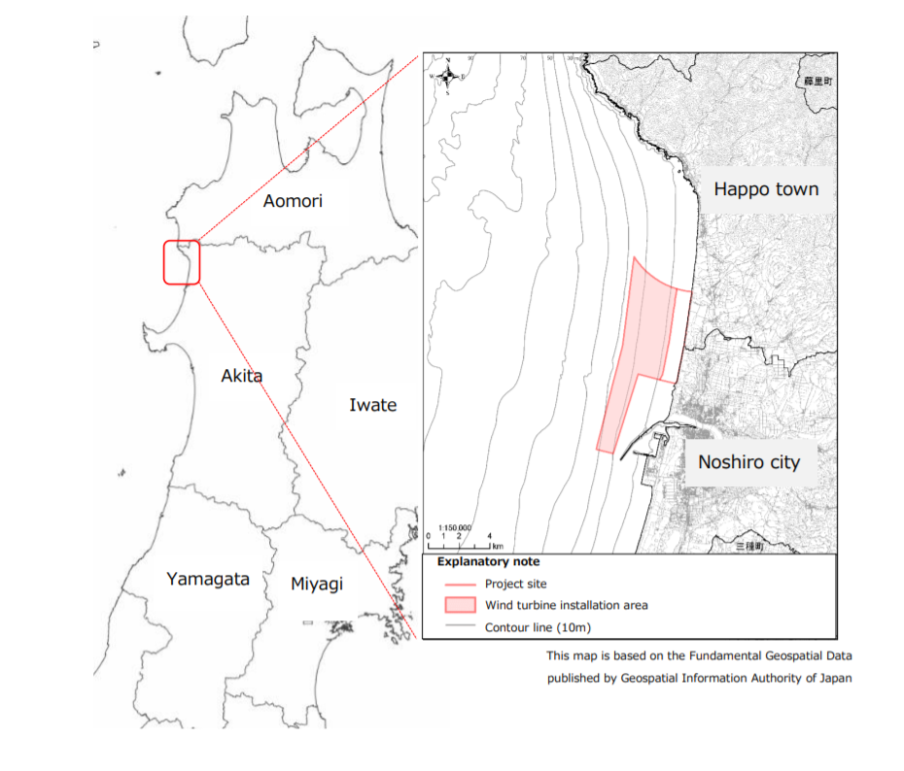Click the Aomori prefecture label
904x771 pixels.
click(293, 201)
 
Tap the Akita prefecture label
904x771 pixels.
click(241, 375)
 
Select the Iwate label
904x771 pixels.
click(372, 405)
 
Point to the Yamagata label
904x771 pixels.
click(207, 579)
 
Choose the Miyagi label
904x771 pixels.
click(317, 585)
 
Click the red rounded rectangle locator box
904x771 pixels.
click(182, 262)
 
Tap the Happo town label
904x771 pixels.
click(766, 189)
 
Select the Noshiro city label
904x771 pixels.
click(748, 461)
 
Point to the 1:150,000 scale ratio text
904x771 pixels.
click(455, 527)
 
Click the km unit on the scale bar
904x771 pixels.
click(498, 547)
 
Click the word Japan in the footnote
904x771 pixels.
click(835, 678)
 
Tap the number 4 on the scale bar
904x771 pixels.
click(489, 536)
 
